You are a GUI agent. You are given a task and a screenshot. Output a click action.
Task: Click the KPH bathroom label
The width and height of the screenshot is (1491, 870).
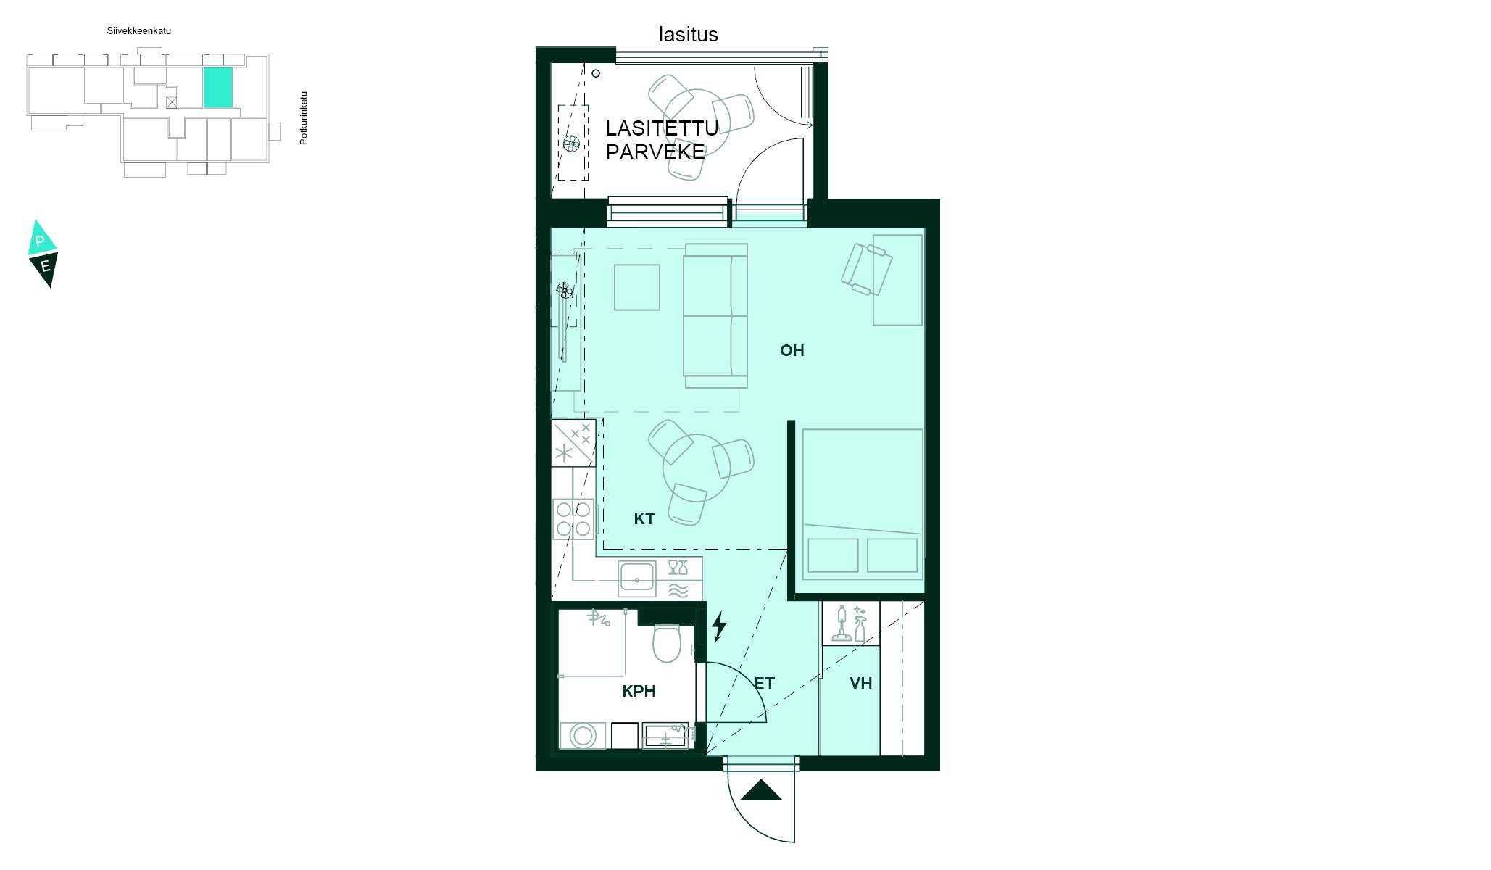point(639,692)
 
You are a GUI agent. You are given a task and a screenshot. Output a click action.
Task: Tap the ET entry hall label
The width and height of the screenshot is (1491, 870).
point(764,683)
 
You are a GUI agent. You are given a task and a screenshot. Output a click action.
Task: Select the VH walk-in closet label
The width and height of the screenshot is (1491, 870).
point(860,683)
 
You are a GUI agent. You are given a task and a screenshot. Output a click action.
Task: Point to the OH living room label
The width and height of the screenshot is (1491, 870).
point(792,351)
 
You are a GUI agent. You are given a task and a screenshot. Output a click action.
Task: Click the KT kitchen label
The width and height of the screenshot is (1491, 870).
point(644,519)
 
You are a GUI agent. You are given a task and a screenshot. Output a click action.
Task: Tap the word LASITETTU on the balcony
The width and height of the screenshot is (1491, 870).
point(661,128)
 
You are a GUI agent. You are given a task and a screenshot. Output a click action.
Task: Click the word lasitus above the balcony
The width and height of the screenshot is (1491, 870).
point(688,34)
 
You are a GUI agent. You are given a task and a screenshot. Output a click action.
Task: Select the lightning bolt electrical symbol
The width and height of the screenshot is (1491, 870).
point(719,626)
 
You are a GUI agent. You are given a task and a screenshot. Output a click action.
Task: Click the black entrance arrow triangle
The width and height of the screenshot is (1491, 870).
point(761,791)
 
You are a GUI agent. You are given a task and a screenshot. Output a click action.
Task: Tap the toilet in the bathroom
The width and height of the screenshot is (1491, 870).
point(666,643)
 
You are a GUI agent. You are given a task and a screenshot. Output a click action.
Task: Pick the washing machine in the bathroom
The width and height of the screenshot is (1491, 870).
point(583,735)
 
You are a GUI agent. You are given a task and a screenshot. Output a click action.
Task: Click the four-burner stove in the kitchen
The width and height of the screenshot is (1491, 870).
point(573,519)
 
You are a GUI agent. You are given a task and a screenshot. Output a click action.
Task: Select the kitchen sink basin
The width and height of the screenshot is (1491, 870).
point(636,579)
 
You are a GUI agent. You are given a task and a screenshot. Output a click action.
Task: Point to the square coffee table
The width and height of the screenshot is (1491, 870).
point(637,287)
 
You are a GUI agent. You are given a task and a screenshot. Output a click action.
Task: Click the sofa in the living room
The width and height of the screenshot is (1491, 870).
point(715,316)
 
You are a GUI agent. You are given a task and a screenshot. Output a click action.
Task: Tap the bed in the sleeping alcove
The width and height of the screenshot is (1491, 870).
point(862,504)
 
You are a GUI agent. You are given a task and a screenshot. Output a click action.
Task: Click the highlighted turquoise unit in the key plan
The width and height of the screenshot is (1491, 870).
point(218,87)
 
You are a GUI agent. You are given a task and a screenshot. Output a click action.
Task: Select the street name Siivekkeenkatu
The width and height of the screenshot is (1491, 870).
point(138,31)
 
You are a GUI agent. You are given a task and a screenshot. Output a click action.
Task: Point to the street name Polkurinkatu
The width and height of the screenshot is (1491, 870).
point(304,117)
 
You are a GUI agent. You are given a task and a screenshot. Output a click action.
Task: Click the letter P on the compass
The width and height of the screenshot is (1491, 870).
point(41,241)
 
